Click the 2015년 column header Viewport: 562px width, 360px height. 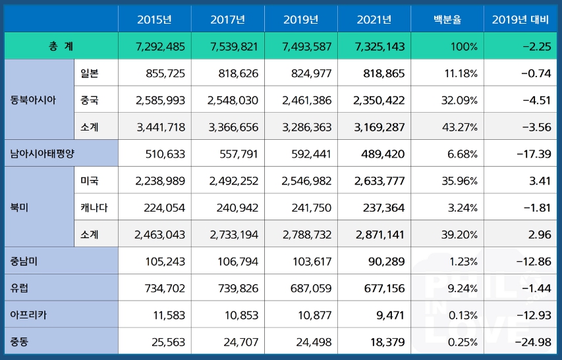(154, 19)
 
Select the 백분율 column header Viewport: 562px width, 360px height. (447, 19)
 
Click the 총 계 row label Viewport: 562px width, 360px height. (61, 45)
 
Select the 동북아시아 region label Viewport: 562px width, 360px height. (33, 100)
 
